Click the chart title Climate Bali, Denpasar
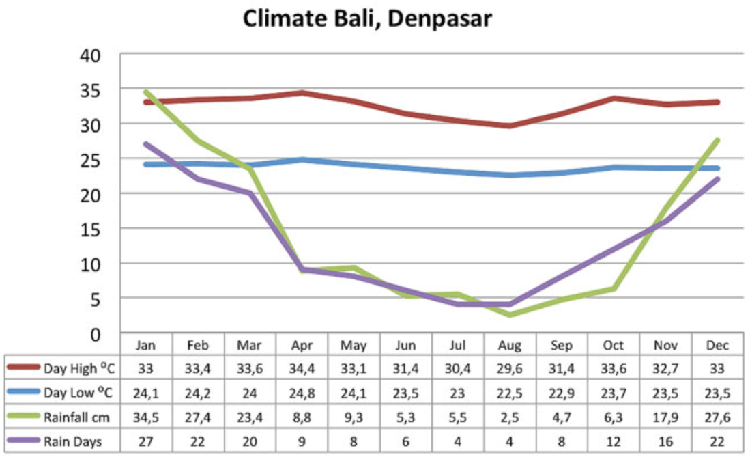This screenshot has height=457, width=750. pyautogui.click(x=367, y=18)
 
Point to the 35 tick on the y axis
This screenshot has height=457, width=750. pyautogui.click(x=92, y=89)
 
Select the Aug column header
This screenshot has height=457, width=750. pyautogui.click(x=509, y=346)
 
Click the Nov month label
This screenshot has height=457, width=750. pyautogui.click(x=665, y=346)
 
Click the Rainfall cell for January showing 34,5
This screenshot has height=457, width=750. pyautogui.click(x=146, y=417)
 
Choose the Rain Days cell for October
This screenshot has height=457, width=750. pyautogui.click(x=613, y=441)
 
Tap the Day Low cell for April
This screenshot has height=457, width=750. pyautogui.click(x=302, y=393)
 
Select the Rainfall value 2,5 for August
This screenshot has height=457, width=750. pyautogui.click(x=509, y=417)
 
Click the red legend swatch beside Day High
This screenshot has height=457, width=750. pyautogui.click(x=23, y=369)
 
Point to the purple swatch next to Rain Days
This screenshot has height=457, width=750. pyautogui.click(x=23, y=441)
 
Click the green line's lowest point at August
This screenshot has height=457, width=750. pyautogui.click(x=509, y=315)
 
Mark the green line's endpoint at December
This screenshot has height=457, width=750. pyautogui.click(x=717, y=140)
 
